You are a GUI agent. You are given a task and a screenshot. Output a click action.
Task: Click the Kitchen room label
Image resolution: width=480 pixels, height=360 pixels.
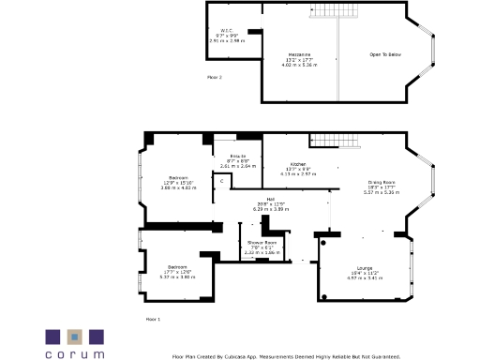[298, 163]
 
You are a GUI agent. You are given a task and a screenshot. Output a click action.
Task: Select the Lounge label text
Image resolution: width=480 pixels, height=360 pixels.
[365, 267]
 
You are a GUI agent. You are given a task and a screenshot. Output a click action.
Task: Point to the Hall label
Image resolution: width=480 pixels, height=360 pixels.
[271, 199]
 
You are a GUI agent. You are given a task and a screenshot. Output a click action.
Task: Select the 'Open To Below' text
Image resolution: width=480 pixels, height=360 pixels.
[384, 55]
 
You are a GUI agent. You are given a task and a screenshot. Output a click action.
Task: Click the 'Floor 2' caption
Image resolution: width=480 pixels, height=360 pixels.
[215, 77]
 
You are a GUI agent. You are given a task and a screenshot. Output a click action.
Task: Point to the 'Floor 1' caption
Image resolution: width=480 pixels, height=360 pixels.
[153, 320]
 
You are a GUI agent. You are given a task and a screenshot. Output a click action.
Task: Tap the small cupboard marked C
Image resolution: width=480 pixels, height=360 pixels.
[222, 180]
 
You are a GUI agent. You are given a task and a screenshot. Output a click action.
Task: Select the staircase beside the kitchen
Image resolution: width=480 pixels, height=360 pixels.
[335, 141]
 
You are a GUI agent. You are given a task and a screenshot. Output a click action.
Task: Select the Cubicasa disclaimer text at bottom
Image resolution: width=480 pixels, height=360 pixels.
[286, 356]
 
